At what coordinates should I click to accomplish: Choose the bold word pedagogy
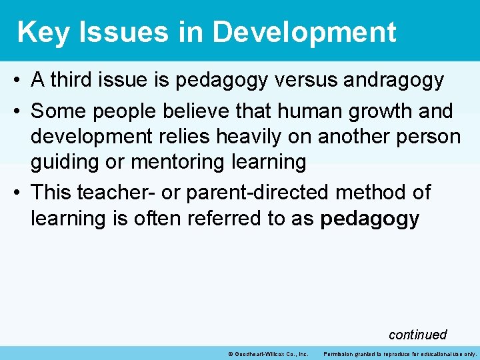[370, 219]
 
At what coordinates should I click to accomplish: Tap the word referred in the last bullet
[220, 219]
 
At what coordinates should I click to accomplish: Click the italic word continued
[417, 334]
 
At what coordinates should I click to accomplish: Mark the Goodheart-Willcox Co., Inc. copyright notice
[267, 353]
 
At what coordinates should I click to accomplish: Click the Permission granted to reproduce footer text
[400, 353]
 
